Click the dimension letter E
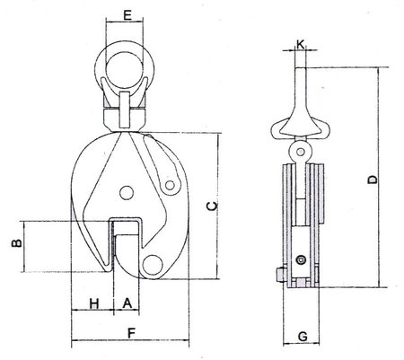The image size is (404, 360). (127, 15)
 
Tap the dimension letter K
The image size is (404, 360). (301, 45)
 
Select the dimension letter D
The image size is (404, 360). (373, 180)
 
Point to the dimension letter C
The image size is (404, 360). (213, 206)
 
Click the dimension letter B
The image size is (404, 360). (17, 243)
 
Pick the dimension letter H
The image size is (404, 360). (94, 304)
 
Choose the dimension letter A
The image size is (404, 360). (127, 303)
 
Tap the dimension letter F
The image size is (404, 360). (130, 333)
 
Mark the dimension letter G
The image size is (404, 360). (303, 337)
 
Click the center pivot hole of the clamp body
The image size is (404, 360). (127, 192)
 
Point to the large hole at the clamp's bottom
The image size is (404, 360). (152, 264)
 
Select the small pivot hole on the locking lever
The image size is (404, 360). (170, 186)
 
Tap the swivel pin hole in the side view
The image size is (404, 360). (300, 152)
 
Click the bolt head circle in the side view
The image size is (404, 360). (300, 260)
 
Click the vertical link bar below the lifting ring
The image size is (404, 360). (125, 110)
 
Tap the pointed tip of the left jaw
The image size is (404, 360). (109, 271)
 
